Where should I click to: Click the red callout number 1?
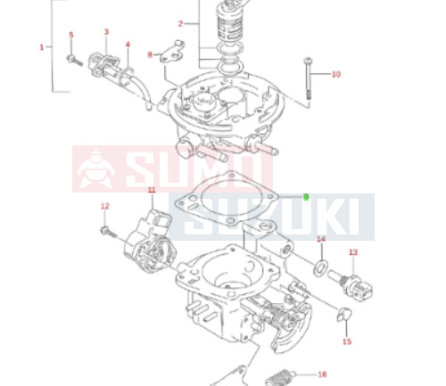tap(42, 47)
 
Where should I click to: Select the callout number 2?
tap(180, 24)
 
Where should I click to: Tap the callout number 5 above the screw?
tap(71, 35)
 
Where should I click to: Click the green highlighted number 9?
tap(306, 197)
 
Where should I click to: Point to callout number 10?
tap(336, 74)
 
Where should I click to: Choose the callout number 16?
tap(322, 374)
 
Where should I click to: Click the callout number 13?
tap(353, 252)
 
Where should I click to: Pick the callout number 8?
tap(150, 54)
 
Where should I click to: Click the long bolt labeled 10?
tap(308, 78)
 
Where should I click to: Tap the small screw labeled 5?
tap(74, 60)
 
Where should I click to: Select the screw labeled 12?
tap(108, 232)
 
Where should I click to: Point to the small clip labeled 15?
tap(344, 314)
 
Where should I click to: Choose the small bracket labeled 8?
tap(172, 52)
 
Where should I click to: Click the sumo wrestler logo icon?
tap(95, 168)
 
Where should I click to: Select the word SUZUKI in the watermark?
tap(272, 217)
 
